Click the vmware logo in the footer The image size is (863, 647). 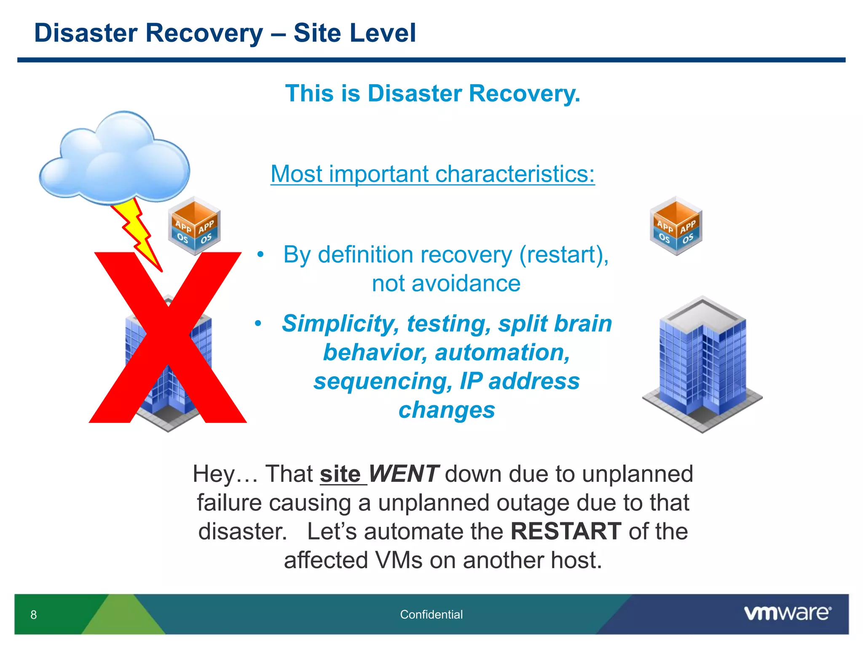(x=787, y=613)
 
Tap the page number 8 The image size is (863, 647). (x=34, y=615)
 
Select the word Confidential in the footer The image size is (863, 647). (x=431, y=615)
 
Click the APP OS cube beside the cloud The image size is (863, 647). (x=194, y=226)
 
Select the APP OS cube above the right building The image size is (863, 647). (x=676, y=226)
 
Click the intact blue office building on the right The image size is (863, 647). (x=702, y=364)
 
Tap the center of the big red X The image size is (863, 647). (x=168, y=337)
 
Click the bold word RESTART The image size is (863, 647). (x=566, y=531)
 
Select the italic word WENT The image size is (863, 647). (x=404, y=474)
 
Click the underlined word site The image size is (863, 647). (x=340, y=474)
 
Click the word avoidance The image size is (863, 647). (x=446, y=283)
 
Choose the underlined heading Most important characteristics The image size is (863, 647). (x=432, y=174)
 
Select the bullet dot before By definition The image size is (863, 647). (x=260, y=254)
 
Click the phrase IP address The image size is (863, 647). (x=520, y=381)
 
